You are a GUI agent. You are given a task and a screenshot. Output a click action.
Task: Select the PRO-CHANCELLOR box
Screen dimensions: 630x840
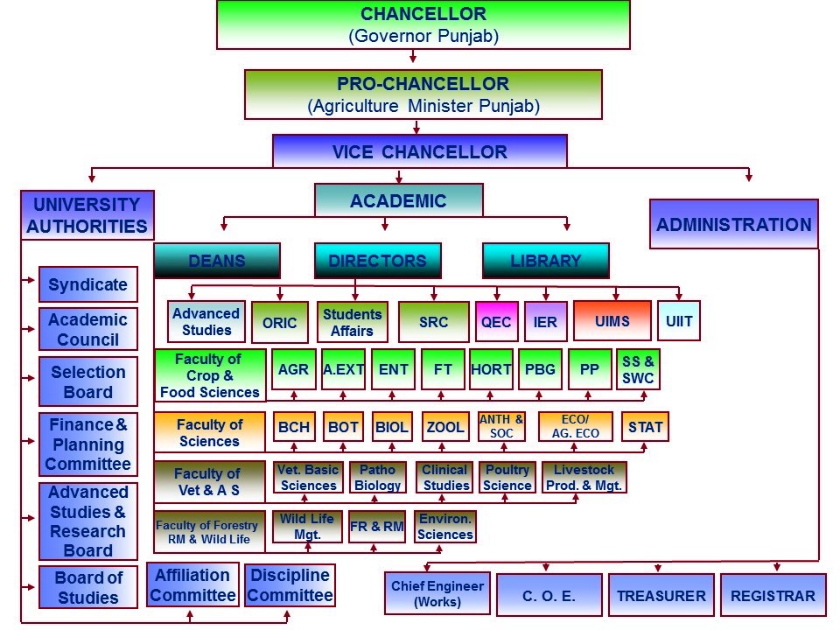click(423, 94)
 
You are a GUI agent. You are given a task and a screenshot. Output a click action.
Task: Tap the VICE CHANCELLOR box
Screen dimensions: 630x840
click(420, 151)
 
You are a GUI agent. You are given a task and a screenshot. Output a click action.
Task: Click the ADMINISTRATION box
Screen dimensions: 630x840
click(733, 224)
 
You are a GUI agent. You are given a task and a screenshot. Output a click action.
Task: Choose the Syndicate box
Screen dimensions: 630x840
click(87, 284)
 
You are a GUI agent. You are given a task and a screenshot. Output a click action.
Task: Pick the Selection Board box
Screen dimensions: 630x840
click(87, 381)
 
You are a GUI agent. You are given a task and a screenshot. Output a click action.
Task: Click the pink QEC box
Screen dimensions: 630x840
click(496, 322)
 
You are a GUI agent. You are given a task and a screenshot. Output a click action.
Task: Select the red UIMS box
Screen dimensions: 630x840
click(612, 321)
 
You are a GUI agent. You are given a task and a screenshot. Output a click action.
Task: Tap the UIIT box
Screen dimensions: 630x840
click(679, 321)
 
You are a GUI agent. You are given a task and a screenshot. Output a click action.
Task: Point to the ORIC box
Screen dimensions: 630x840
click(280, 322)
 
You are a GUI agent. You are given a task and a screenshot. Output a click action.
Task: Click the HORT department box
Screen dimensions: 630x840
click(491, 369)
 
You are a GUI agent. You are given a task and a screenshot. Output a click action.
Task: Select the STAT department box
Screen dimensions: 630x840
click(646, 428)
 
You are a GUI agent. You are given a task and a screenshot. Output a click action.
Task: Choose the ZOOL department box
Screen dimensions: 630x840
click(444, 428)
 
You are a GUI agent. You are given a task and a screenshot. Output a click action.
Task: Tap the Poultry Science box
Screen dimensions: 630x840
click(507, 478)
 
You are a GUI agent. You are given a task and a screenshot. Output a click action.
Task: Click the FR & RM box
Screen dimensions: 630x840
click(377, 527)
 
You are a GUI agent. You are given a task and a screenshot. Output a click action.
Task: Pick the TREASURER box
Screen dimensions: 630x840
click(661, 596)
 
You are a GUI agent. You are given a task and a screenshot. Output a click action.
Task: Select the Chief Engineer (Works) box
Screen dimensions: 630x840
click(437, 594)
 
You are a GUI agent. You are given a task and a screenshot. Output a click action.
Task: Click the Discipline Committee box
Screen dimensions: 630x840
click(290, 585)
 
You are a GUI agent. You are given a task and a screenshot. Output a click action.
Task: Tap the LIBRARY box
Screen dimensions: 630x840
click(545, 261)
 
